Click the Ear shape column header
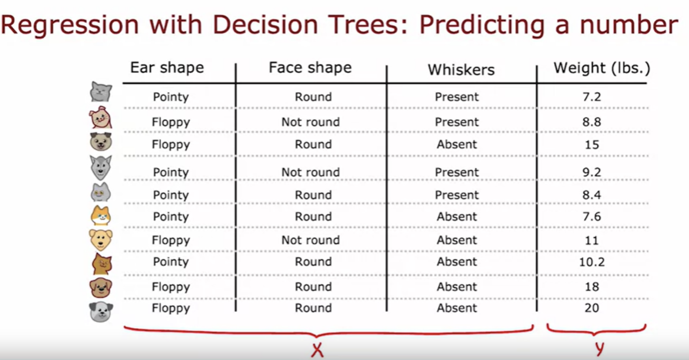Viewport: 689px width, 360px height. [167, 68]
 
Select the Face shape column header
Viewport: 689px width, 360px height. [310, 68]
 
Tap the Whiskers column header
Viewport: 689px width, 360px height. [461, 70]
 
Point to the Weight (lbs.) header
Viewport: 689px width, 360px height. [602, 68]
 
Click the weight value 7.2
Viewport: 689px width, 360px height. [591, 97]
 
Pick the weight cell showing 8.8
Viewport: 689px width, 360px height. [591, 122]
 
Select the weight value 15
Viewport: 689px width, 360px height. [591, 144]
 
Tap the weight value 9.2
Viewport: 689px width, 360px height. [591, 173]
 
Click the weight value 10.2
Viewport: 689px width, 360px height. [592, 262]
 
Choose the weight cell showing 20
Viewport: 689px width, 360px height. [591, 308]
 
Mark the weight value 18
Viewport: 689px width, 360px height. [591, 287]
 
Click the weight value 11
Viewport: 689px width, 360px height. [591, 240]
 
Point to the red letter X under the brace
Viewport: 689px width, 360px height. [317, 350]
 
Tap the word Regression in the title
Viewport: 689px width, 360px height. [70, 26]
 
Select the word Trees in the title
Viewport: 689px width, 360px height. [366, 25]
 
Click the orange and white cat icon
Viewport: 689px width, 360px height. [100, 216]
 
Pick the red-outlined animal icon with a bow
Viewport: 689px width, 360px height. [100, 117]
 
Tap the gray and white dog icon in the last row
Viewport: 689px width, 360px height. [101, 312]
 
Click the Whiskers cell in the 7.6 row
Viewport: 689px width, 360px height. [457, 216]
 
